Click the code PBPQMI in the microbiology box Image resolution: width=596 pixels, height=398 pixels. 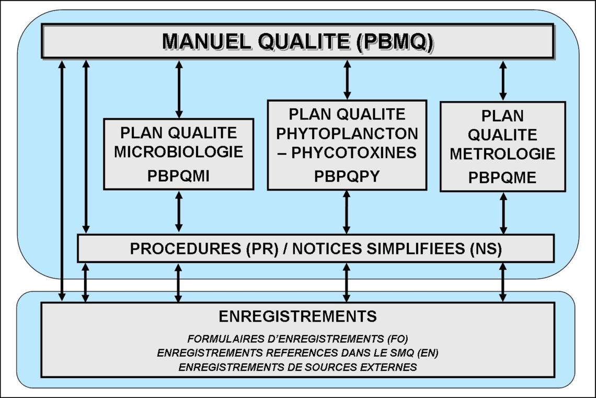(x=178, y=176)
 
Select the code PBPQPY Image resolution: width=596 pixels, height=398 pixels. (x=347, y=176)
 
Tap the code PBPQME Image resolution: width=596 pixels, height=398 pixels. (x=502, y=178)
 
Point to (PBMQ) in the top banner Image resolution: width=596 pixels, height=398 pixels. (x=395, y=41)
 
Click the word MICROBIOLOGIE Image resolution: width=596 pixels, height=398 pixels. (x=179, y=151)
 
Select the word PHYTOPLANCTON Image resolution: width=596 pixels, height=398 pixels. (x=347, y=134)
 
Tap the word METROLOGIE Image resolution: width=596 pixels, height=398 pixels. (x=502, y=154)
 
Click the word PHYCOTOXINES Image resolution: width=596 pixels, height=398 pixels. (x=354, y=153)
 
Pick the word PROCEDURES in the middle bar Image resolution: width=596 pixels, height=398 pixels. (x=186, y=249)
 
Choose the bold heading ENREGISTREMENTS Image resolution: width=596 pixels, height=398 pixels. (x=297, y=316)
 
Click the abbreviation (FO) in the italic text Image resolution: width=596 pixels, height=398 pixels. (x=398, y=339)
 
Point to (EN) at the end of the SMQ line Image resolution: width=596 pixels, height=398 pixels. (x=428, y=352)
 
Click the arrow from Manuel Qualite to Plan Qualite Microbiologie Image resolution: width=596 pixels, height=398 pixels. (x=179, y=89)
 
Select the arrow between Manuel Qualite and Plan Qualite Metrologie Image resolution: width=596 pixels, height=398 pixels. (x=503, y=81)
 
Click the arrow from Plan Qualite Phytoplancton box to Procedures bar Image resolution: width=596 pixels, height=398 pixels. (x=346, y=212)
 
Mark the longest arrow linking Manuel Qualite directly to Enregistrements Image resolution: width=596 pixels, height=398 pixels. (x=62, y=181)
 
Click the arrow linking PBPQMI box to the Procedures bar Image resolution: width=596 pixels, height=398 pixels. (x=179, y=212)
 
